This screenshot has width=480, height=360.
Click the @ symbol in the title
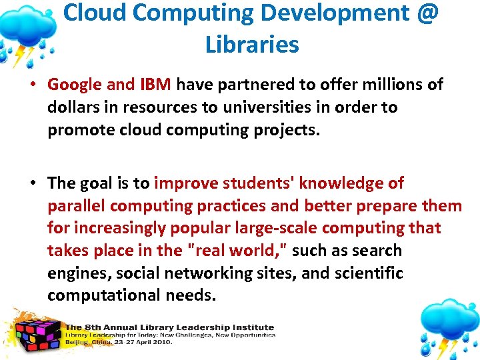pyautogui.click(x=425, y=13)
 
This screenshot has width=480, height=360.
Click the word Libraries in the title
pyautogui.click(x=252, y=45)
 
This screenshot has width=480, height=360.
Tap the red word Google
pyautogui.click(x=75, y=85)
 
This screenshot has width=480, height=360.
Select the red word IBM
pyautogui.click(x=156, y=85)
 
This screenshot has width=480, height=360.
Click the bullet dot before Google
pyautogui.click(x=35, y=85)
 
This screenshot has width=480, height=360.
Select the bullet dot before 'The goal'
pyautogui.click(x=35, y=183)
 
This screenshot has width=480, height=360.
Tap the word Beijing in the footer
pyautogui.click(x=79, y=341)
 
